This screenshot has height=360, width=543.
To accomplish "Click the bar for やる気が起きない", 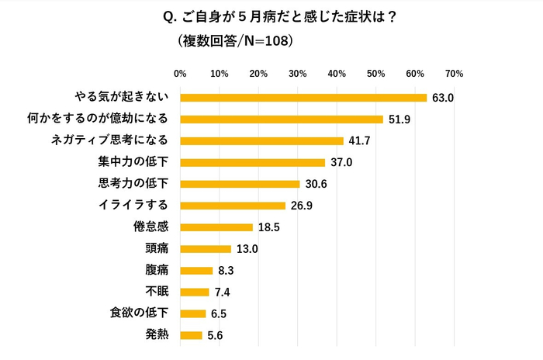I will [x=303, y=98].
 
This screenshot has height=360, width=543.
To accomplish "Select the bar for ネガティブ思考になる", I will [x=261, y=141].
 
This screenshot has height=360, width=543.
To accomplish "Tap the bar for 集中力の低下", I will [x=252, y=162].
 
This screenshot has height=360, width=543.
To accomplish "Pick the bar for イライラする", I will [x=233, y=206].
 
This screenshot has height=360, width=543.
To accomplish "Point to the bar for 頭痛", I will [x=206, y=249].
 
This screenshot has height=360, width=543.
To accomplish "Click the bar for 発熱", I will [x=191, y=335].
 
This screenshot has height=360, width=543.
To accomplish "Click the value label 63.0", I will [x=442, y=98].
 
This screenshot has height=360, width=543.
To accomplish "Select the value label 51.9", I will [x=399, y=119].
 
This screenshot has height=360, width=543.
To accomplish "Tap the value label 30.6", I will [x=315, y=185].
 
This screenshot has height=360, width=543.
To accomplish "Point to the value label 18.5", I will [x=268, y=227].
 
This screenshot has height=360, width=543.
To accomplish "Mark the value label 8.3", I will [x=225, y=271].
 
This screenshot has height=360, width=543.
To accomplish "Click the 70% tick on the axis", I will [x=454, y=74].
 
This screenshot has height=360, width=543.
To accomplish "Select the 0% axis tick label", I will [x=180, y=74].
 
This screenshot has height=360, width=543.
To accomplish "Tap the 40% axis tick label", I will [x=337, y=74].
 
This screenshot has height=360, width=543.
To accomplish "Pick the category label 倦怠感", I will [x=151, y=227].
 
